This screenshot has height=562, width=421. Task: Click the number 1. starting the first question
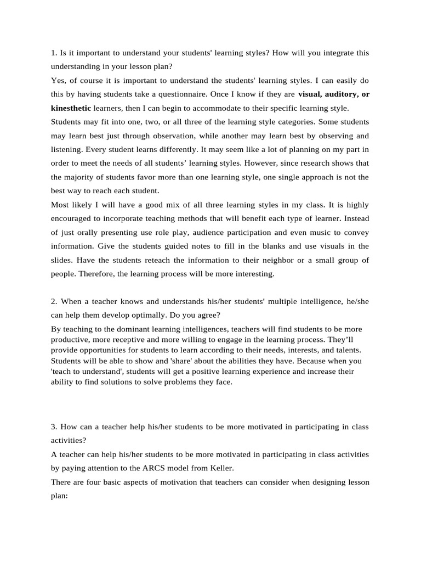(x=54, y=53)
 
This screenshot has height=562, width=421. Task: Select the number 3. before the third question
(x=54, y=426)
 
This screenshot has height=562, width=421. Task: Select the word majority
(x=84, y=177)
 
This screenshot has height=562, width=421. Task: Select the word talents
(x=332, y=350)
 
